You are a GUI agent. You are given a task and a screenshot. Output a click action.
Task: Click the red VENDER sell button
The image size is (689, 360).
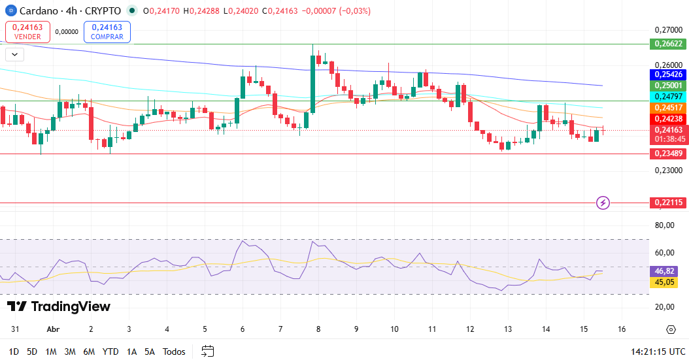pyautogui.click(x=27, y=31)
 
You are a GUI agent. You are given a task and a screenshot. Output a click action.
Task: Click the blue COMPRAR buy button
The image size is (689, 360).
pyautogui.click(x=107, y=31)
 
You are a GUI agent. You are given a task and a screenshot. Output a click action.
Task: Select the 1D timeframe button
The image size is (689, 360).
pyautogui.click(x=13, y=352)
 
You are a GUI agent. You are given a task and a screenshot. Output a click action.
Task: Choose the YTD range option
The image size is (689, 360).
pyautogui.click(x=110, y=352)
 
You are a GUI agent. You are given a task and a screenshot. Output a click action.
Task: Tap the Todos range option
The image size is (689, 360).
pyautogui.click(x=174, y=352)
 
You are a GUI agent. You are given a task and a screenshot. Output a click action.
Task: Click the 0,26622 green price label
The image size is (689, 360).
pyautogui.click(x=667, y=44)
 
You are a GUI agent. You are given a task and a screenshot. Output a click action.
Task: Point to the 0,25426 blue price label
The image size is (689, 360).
pyautogui.click(x=667, y=74)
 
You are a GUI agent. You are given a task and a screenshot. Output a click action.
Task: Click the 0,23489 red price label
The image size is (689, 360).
pyautogui.click(x=667, y=154)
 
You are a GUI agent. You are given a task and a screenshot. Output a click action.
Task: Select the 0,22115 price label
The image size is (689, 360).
pyautogui.click(x=667, y=203)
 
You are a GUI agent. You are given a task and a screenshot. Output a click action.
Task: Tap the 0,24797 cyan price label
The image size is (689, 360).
pyautogui.click(x=667, y=97)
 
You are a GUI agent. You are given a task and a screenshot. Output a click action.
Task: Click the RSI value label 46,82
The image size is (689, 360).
pyautogui.click(x=667, y=270)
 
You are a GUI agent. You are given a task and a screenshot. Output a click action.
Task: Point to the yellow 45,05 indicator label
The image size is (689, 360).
pyautogui.click(x=667, y=282)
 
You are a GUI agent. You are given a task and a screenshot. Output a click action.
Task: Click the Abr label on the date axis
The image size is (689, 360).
pyautogui.click(x=54, y=329)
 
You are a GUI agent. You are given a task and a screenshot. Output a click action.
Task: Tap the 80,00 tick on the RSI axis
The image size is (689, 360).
pyautogui.click(x=665, y=225)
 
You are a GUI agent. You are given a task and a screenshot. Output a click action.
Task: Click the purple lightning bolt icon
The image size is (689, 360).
pyautogui.click(x=603, y=203)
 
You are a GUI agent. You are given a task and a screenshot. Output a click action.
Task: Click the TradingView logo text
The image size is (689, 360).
pyautogui.click(x=59, y=307)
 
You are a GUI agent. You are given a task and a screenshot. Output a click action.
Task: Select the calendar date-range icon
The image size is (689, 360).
pyautogui.click(x=208, y=352)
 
